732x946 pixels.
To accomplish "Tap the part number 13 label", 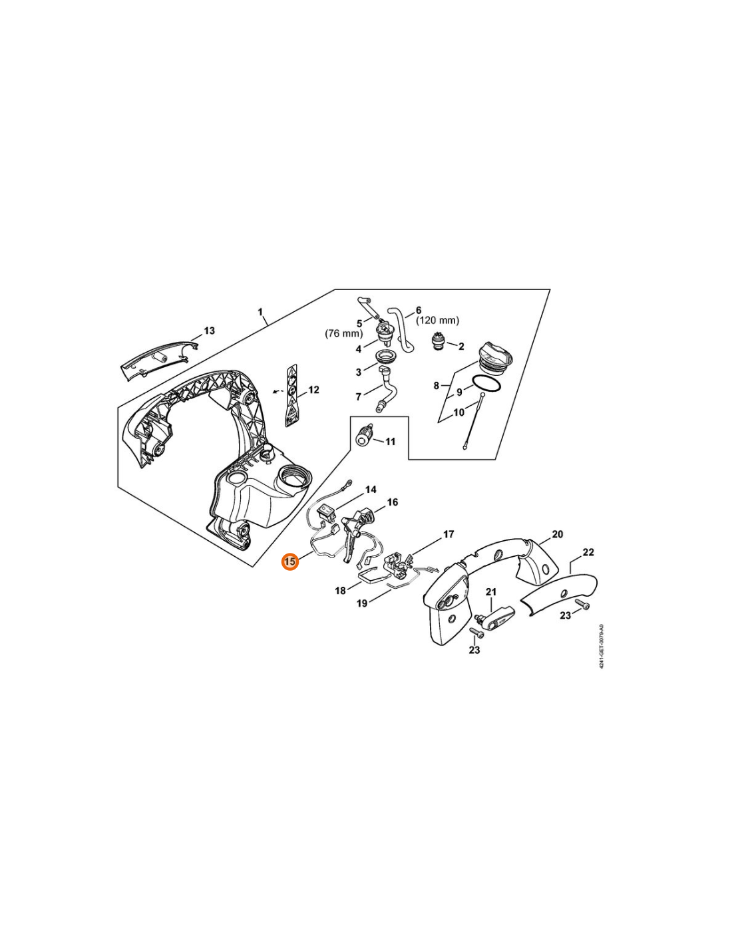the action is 210,331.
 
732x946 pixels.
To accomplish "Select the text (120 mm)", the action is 437,321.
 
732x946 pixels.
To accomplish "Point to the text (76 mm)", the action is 344,333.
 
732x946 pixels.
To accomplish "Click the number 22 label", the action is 588,552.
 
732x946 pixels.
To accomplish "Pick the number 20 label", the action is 558,534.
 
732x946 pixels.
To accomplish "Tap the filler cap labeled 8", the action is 496,356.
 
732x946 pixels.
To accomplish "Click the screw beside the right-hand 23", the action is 582,605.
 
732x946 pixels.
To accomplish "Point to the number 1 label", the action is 260,312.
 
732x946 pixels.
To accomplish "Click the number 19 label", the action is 362,603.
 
